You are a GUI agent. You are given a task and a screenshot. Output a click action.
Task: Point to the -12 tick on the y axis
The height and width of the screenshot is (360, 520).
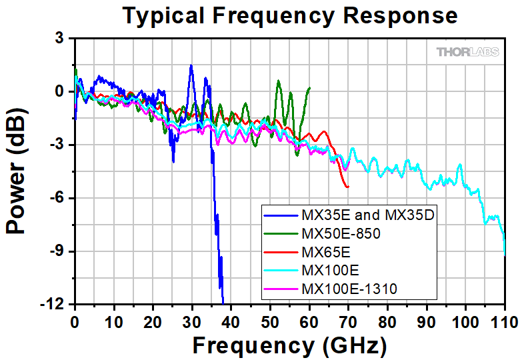(59, 305)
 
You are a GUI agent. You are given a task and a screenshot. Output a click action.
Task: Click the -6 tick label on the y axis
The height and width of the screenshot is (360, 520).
(59, 198)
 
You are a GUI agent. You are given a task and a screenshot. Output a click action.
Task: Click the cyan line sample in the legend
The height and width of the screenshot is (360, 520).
(281, 271)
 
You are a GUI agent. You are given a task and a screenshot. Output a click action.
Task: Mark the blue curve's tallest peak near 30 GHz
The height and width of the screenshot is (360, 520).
(191, 65)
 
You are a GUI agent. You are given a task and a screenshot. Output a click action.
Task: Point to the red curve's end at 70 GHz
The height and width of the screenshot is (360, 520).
(348, 187)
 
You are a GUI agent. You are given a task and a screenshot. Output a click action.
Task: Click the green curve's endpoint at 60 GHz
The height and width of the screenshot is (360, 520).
(309, 87)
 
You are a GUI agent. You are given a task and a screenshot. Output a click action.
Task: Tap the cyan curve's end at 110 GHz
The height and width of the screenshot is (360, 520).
(505, 253)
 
